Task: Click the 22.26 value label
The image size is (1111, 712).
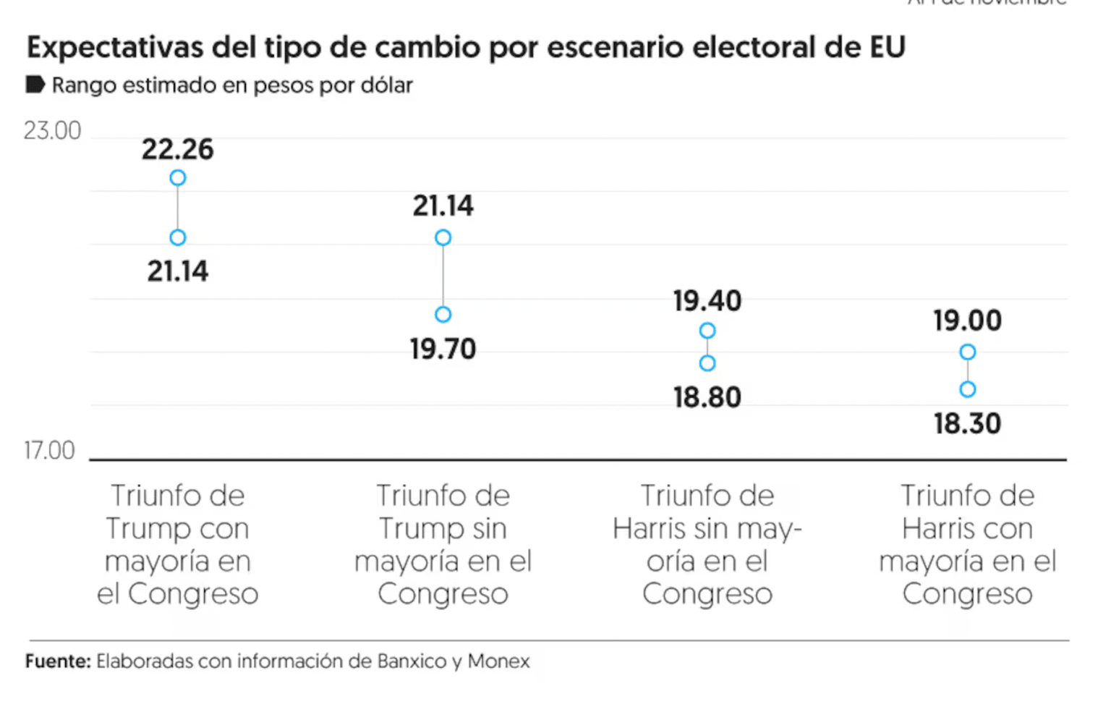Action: pyautogui.click(x=177, y=149)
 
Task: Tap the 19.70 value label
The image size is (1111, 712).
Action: pyautogui.click(x=443, y=349)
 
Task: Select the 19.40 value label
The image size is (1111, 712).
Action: pyautogui.click(x=707, y=300)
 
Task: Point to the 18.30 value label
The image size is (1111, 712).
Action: pyautogui.click(x=967, y=423)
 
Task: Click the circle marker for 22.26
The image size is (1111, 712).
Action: pyautogui.click(x=178, y=178)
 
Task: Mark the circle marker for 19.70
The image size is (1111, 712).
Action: pyautogui.click(x=443, y=315)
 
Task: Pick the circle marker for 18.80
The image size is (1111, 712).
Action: pyautogui.click(x=707, y=363)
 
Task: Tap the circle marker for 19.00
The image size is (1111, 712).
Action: pyautogui.click(x=968, y=352)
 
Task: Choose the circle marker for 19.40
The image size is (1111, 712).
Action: pyautogui.click(x=707, y=331)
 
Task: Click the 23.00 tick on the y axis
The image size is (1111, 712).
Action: pyautogui.click(x=52, y=131)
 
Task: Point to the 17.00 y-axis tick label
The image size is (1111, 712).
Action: pyautogui.click(x=49, y=451)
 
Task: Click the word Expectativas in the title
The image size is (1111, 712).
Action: pyautogui.click(x=116, y=48)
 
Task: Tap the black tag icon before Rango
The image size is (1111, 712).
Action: pyautogui.click(x=35, y=85)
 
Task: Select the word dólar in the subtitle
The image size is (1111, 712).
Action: pyautogui.click(x=386, y=85)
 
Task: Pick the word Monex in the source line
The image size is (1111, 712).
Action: pyautogui.click(x=498, y=661)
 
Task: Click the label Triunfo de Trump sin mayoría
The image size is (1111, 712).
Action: pyautogui.click(x=443, y=544)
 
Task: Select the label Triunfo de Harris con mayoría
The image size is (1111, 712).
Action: pyautogui.click(x=967, y=544)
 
